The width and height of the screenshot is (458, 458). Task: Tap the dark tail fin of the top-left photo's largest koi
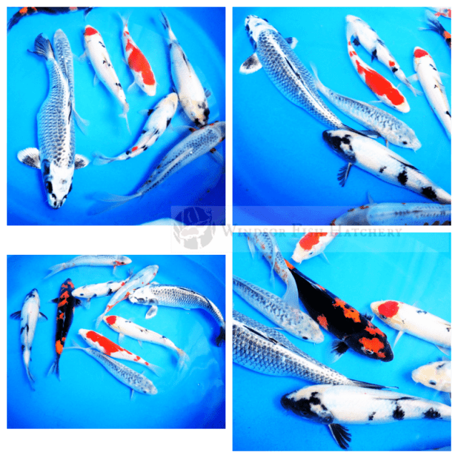point(42,47)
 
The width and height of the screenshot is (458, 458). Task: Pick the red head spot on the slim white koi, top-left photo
point(91,31)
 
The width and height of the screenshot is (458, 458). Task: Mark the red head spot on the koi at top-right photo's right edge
point(421,53)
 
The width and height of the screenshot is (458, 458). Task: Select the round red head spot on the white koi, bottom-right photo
point(387,309)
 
